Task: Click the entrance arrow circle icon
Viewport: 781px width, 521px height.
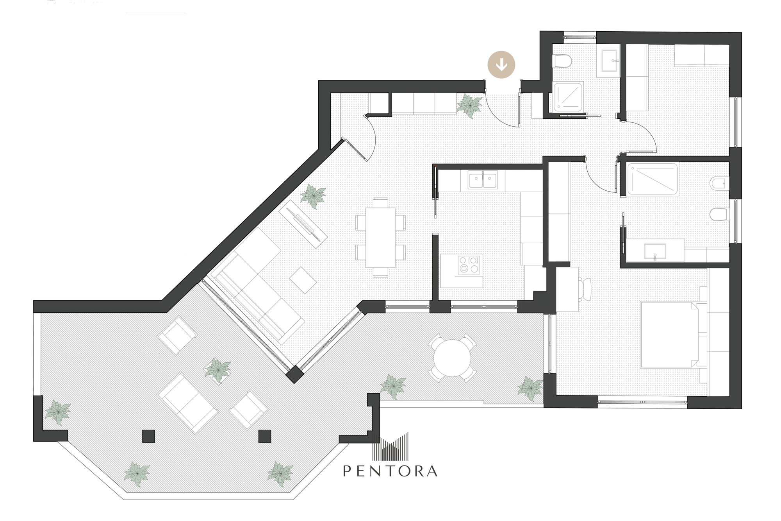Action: (501, 64)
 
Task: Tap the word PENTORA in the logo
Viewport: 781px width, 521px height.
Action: (390, 471)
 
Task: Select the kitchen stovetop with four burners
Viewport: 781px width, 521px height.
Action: (469, 265)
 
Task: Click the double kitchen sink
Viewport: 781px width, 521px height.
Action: (483, 181)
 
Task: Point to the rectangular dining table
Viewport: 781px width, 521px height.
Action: (380, 238)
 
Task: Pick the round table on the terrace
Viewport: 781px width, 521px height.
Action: (452, 358)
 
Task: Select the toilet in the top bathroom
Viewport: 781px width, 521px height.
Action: (563, 61)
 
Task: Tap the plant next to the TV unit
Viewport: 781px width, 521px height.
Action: (313, 196)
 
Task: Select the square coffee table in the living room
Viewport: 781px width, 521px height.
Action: (303, 280)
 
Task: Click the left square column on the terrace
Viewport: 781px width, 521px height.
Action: (148, 436)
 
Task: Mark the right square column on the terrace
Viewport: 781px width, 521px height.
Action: (265, 436)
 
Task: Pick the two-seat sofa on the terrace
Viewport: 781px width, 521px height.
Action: (188, 404)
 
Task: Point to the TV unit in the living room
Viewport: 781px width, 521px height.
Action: (303, 225)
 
